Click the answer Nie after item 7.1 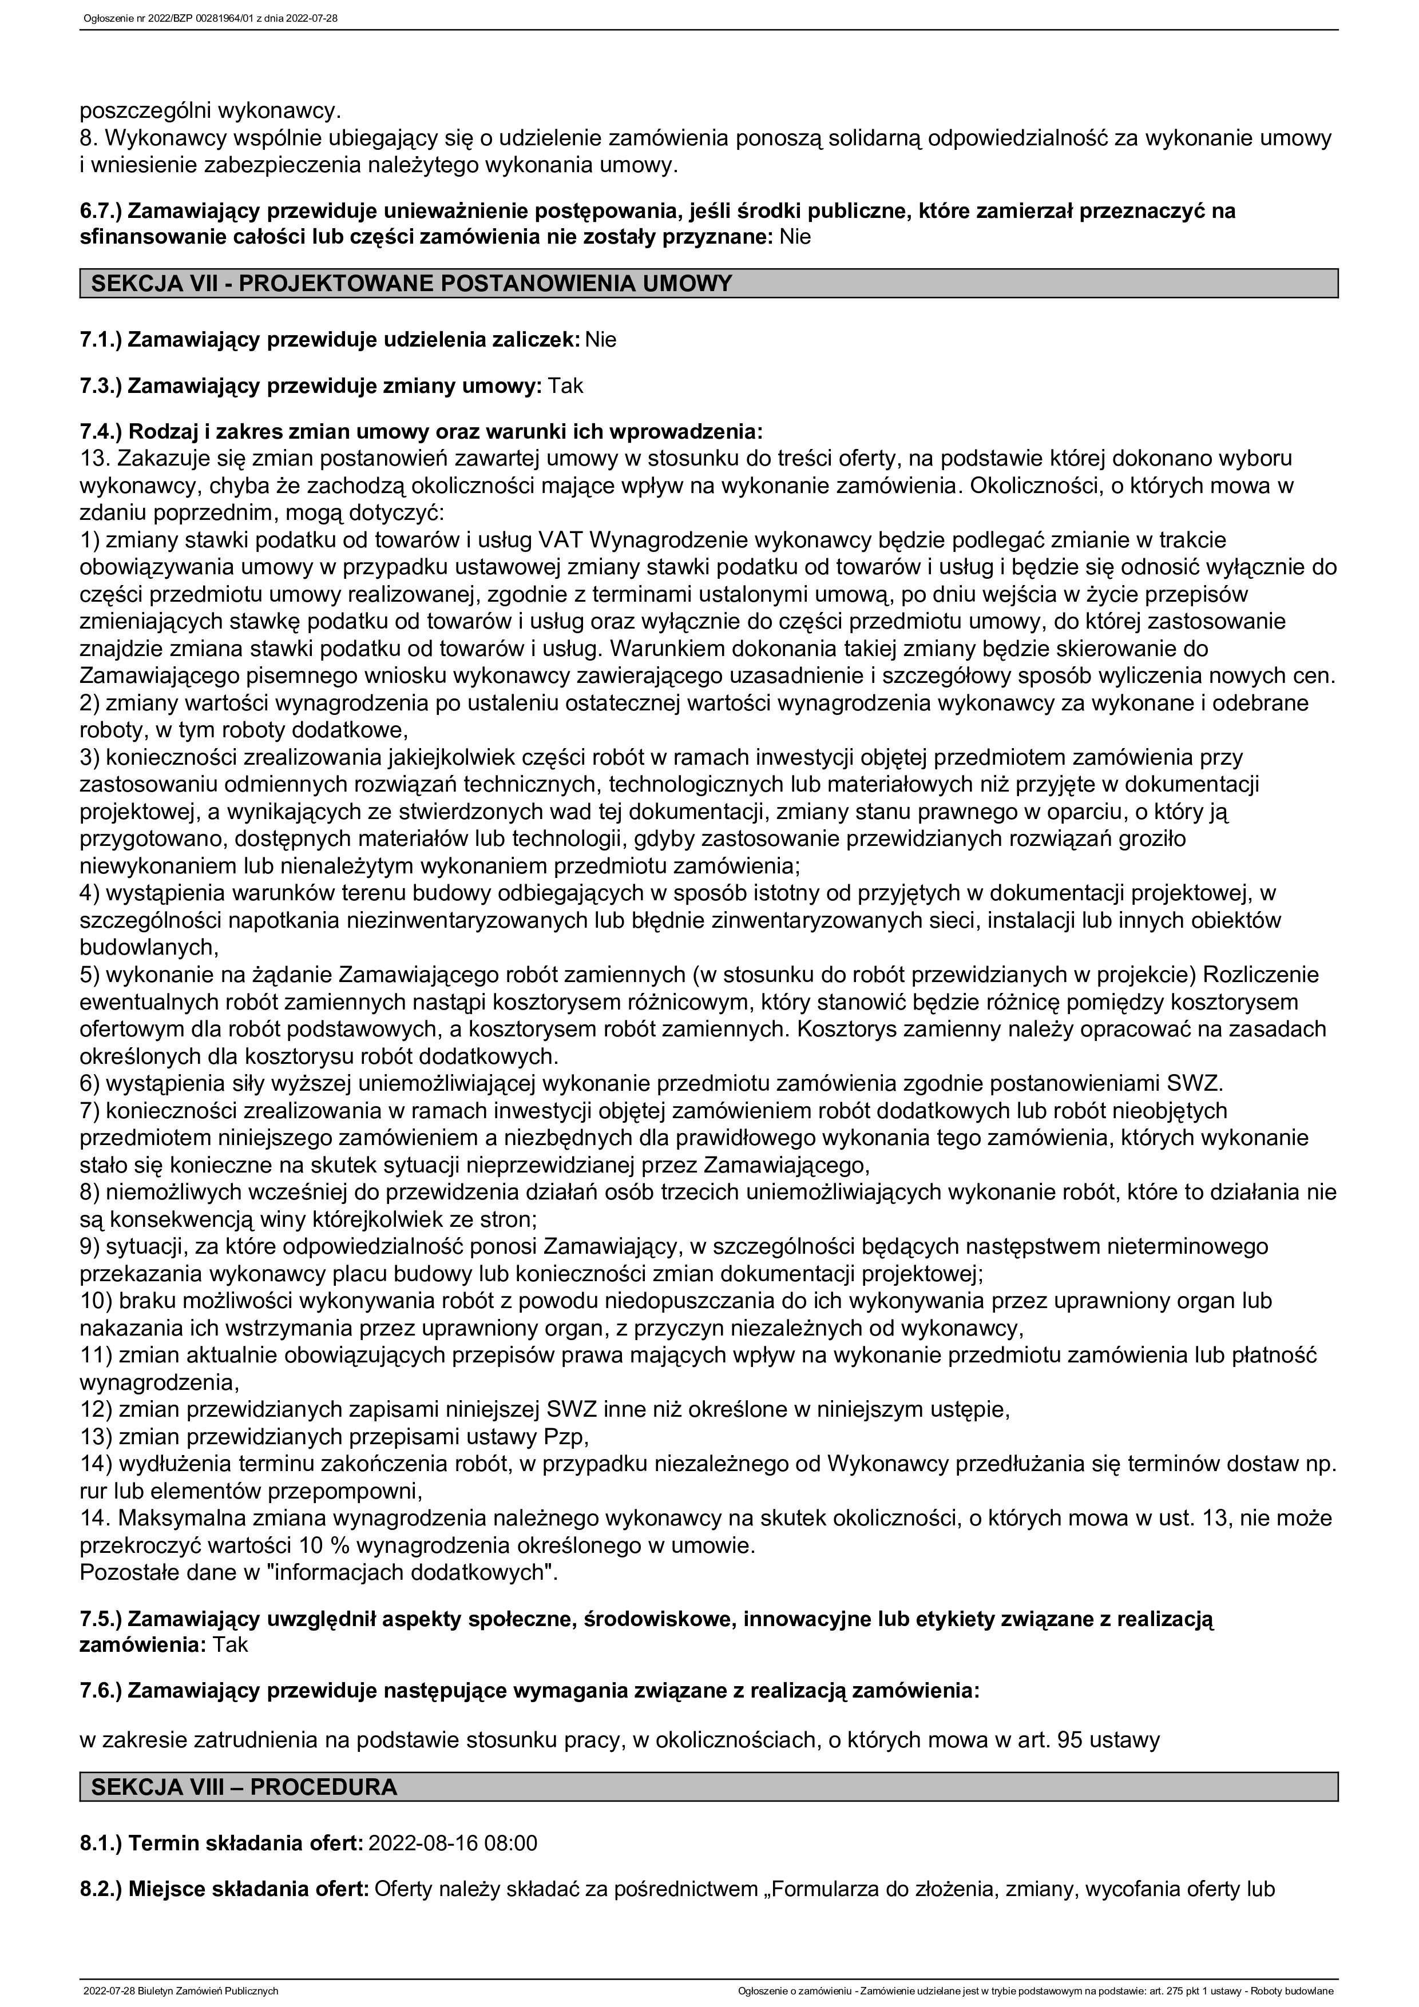click(601, 340)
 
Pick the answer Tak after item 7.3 click(566, 385)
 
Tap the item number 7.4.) click(101, 431)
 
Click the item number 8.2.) click(101, 1889)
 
